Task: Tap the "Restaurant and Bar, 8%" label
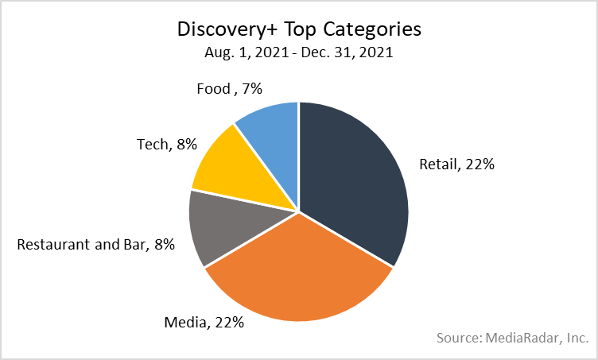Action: coord(95,245)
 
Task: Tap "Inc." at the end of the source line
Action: coord(576,338)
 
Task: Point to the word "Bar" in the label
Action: coord(132,245)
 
